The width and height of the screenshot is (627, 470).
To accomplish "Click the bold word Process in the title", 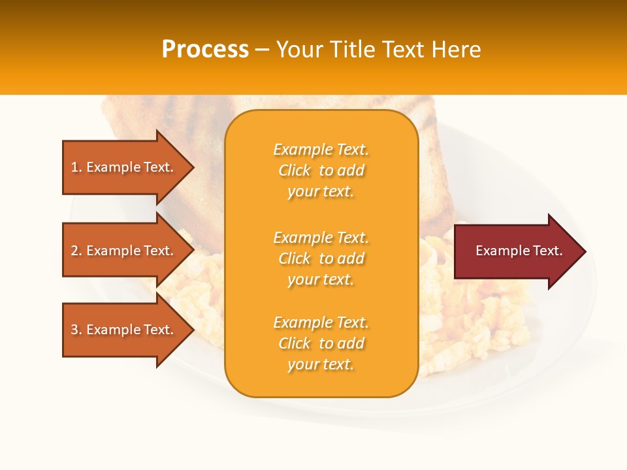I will (205, 50).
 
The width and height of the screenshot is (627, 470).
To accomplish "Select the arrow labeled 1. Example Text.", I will (124, 167).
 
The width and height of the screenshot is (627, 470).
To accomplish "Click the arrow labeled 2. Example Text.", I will (124, 251).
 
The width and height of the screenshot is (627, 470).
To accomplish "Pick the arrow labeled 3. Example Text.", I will (124, 330).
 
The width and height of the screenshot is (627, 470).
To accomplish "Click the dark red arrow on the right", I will (516, 251).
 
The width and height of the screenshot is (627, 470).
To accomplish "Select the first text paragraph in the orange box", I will (321, 170).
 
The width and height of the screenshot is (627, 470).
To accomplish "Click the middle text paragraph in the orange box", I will (321, 258).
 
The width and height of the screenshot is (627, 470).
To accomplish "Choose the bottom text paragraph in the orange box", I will (321, 343).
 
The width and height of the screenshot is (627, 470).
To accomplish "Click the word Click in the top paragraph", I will (295, 170).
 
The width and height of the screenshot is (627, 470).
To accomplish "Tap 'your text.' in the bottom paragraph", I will (321, 364).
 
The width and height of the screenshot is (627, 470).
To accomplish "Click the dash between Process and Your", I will (263, 50).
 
